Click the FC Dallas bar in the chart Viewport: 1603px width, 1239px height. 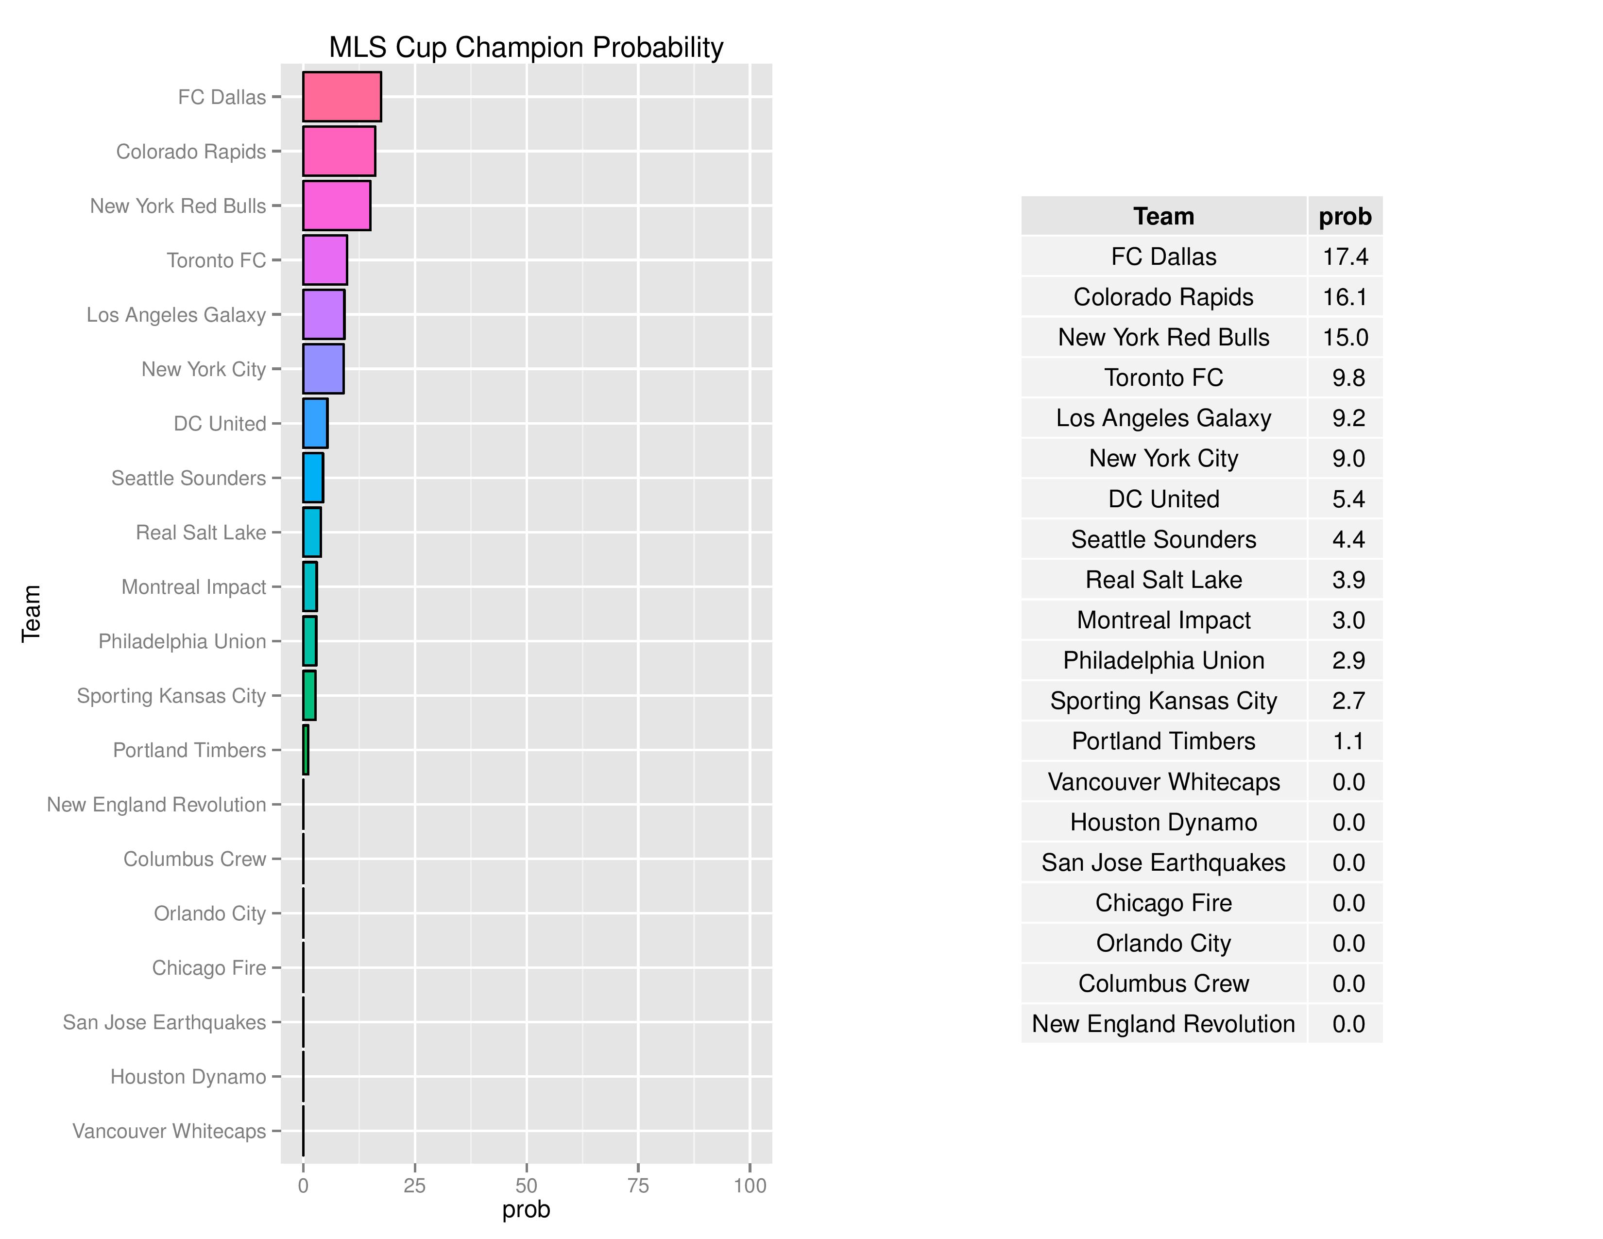pos(341,96)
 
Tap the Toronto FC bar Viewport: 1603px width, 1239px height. pos(324,260)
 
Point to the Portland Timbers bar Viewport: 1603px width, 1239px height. pos(306,750)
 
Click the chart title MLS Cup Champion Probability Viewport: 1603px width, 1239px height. pos(526,47)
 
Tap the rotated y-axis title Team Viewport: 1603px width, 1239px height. pos(31,614)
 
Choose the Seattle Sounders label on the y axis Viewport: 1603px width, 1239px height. pos(188,478)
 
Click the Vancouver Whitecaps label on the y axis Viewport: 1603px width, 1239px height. pos(169,1131)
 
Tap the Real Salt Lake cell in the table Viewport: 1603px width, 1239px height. pos(1163,579)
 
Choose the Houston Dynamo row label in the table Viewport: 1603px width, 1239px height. pos(1163,822)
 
